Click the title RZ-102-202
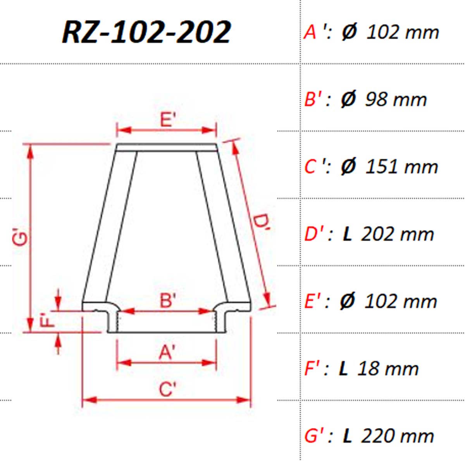(x=146, y=32)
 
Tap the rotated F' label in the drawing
(x=46, y=320)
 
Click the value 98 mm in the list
(x=396, y=99)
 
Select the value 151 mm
(x=401, y=167)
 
